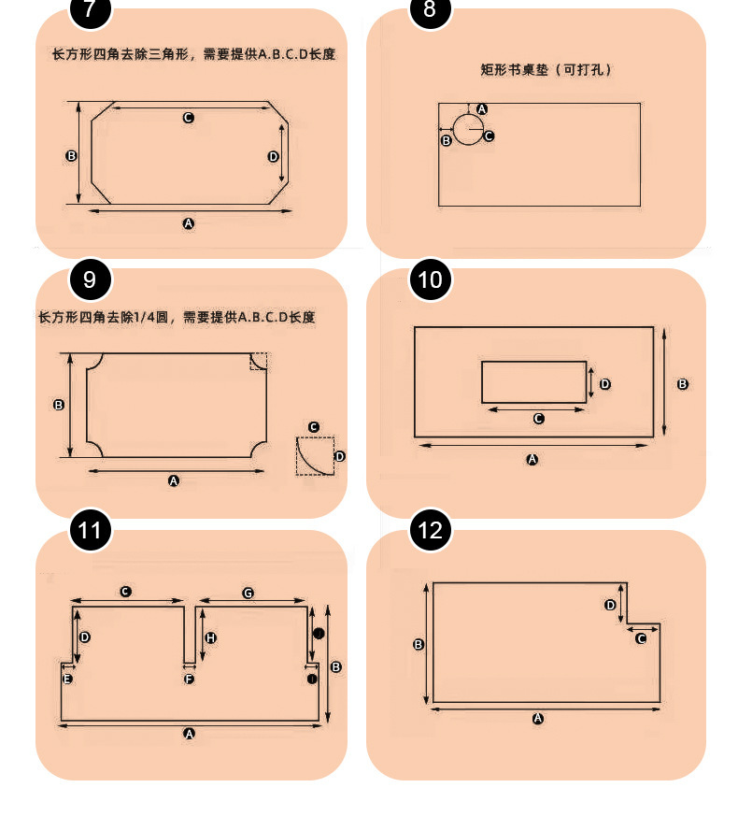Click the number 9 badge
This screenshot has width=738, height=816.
(x=90, y=279)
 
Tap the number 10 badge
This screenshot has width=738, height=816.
(x=430, y=279)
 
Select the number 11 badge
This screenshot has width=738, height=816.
(x=90, y=531)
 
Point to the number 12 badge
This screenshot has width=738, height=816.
(x=430, y=531)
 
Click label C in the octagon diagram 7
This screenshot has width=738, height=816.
(x=188, y=118)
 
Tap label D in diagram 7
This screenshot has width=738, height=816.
(x=274, y=156)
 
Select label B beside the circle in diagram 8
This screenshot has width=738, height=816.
(x=446, y=140)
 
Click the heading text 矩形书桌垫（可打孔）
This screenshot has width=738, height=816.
(x=546, y=69)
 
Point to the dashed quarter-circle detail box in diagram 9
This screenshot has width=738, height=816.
(x=315, y=455)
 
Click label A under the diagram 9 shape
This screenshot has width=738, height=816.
(x=173, y=480)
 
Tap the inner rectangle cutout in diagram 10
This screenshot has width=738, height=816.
(x=533, y=381)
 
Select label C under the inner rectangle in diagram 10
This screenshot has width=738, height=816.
(x=538, y=419)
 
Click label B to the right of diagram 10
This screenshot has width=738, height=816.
(x=682, y=384)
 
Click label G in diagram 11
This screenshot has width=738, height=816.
(x=248, y=593)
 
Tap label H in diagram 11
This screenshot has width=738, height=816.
(x=211, y=637)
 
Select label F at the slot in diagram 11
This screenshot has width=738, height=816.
(x=189, y=679)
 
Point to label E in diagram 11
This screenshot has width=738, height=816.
(x=67, y=679)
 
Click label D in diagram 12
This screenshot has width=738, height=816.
(x=610, y=605)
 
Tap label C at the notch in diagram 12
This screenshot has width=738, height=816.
(x=641, y=638)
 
